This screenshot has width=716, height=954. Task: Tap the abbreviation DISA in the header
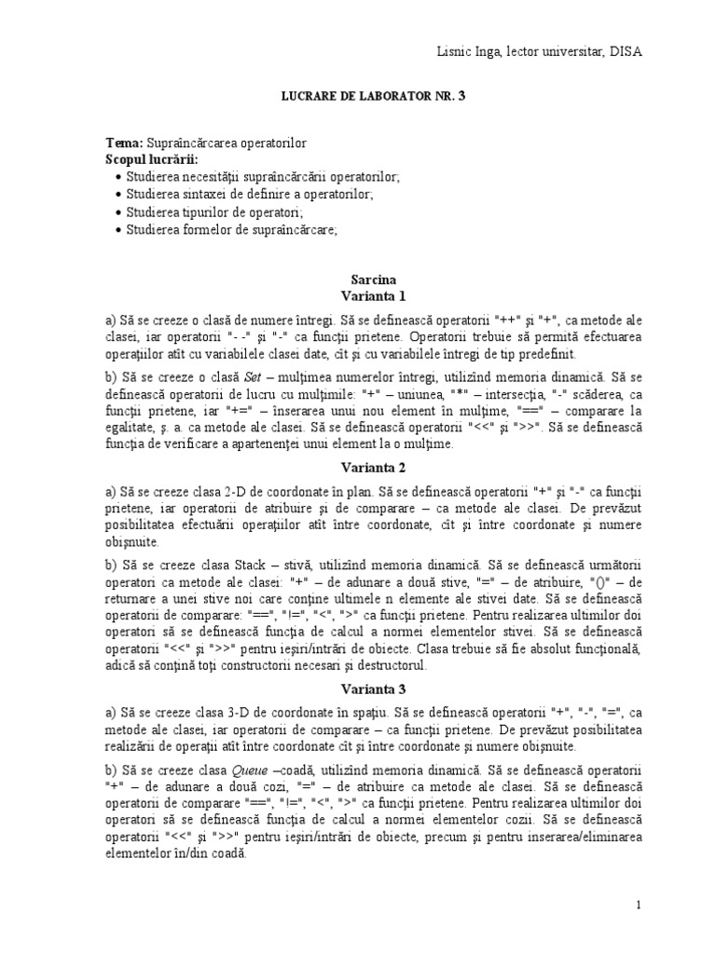pyautogui.click(x=626, y=51)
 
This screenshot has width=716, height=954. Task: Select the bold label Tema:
pyautogui.click(x=124, y=143)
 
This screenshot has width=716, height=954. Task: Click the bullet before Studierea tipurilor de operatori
pyautogui.click(x=117, y=212)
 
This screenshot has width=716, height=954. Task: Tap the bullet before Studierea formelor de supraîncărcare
pyautogui.click(x=117, y=229)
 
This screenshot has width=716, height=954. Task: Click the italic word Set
pyautogui.click(x=255, y=377)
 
